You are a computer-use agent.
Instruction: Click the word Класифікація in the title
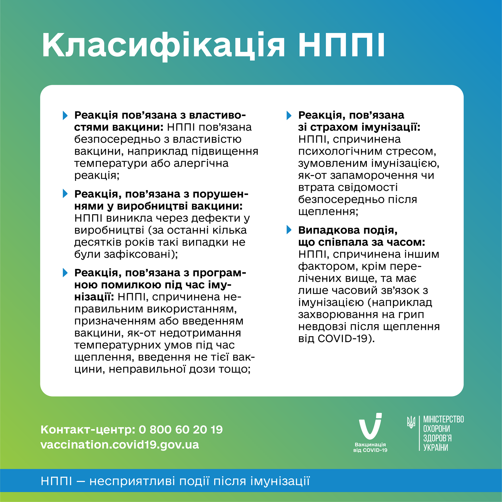pyautogui.click(x=163, y=46)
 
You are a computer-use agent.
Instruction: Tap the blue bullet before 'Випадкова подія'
pyautogui.click(x=289, y=230)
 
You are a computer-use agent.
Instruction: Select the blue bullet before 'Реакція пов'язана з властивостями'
pyautogui.click(x=65, y=115)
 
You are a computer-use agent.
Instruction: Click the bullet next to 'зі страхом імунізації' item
pyautogui.click(x=289, y=115)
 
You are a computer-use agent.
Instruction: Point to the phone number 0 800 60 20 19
pyautogui.click(x=181, y=429)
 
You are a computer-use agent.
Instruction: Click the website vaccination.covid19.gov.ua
pyautogui.click(x=120, y=445)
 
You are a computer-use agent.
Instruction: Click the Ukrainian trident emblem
pyautogui.click(x=411, y=423)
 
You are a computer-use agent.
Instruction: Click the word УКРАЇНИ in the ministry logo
pyautogui.click(x=436, y=447)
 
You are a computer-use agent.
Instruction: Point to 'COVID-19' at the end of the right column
pyautogui.click(x=342, y=338)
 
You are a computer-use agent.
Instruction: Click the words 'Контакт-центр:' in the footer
pyautogui.click(x=88, y=429)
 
